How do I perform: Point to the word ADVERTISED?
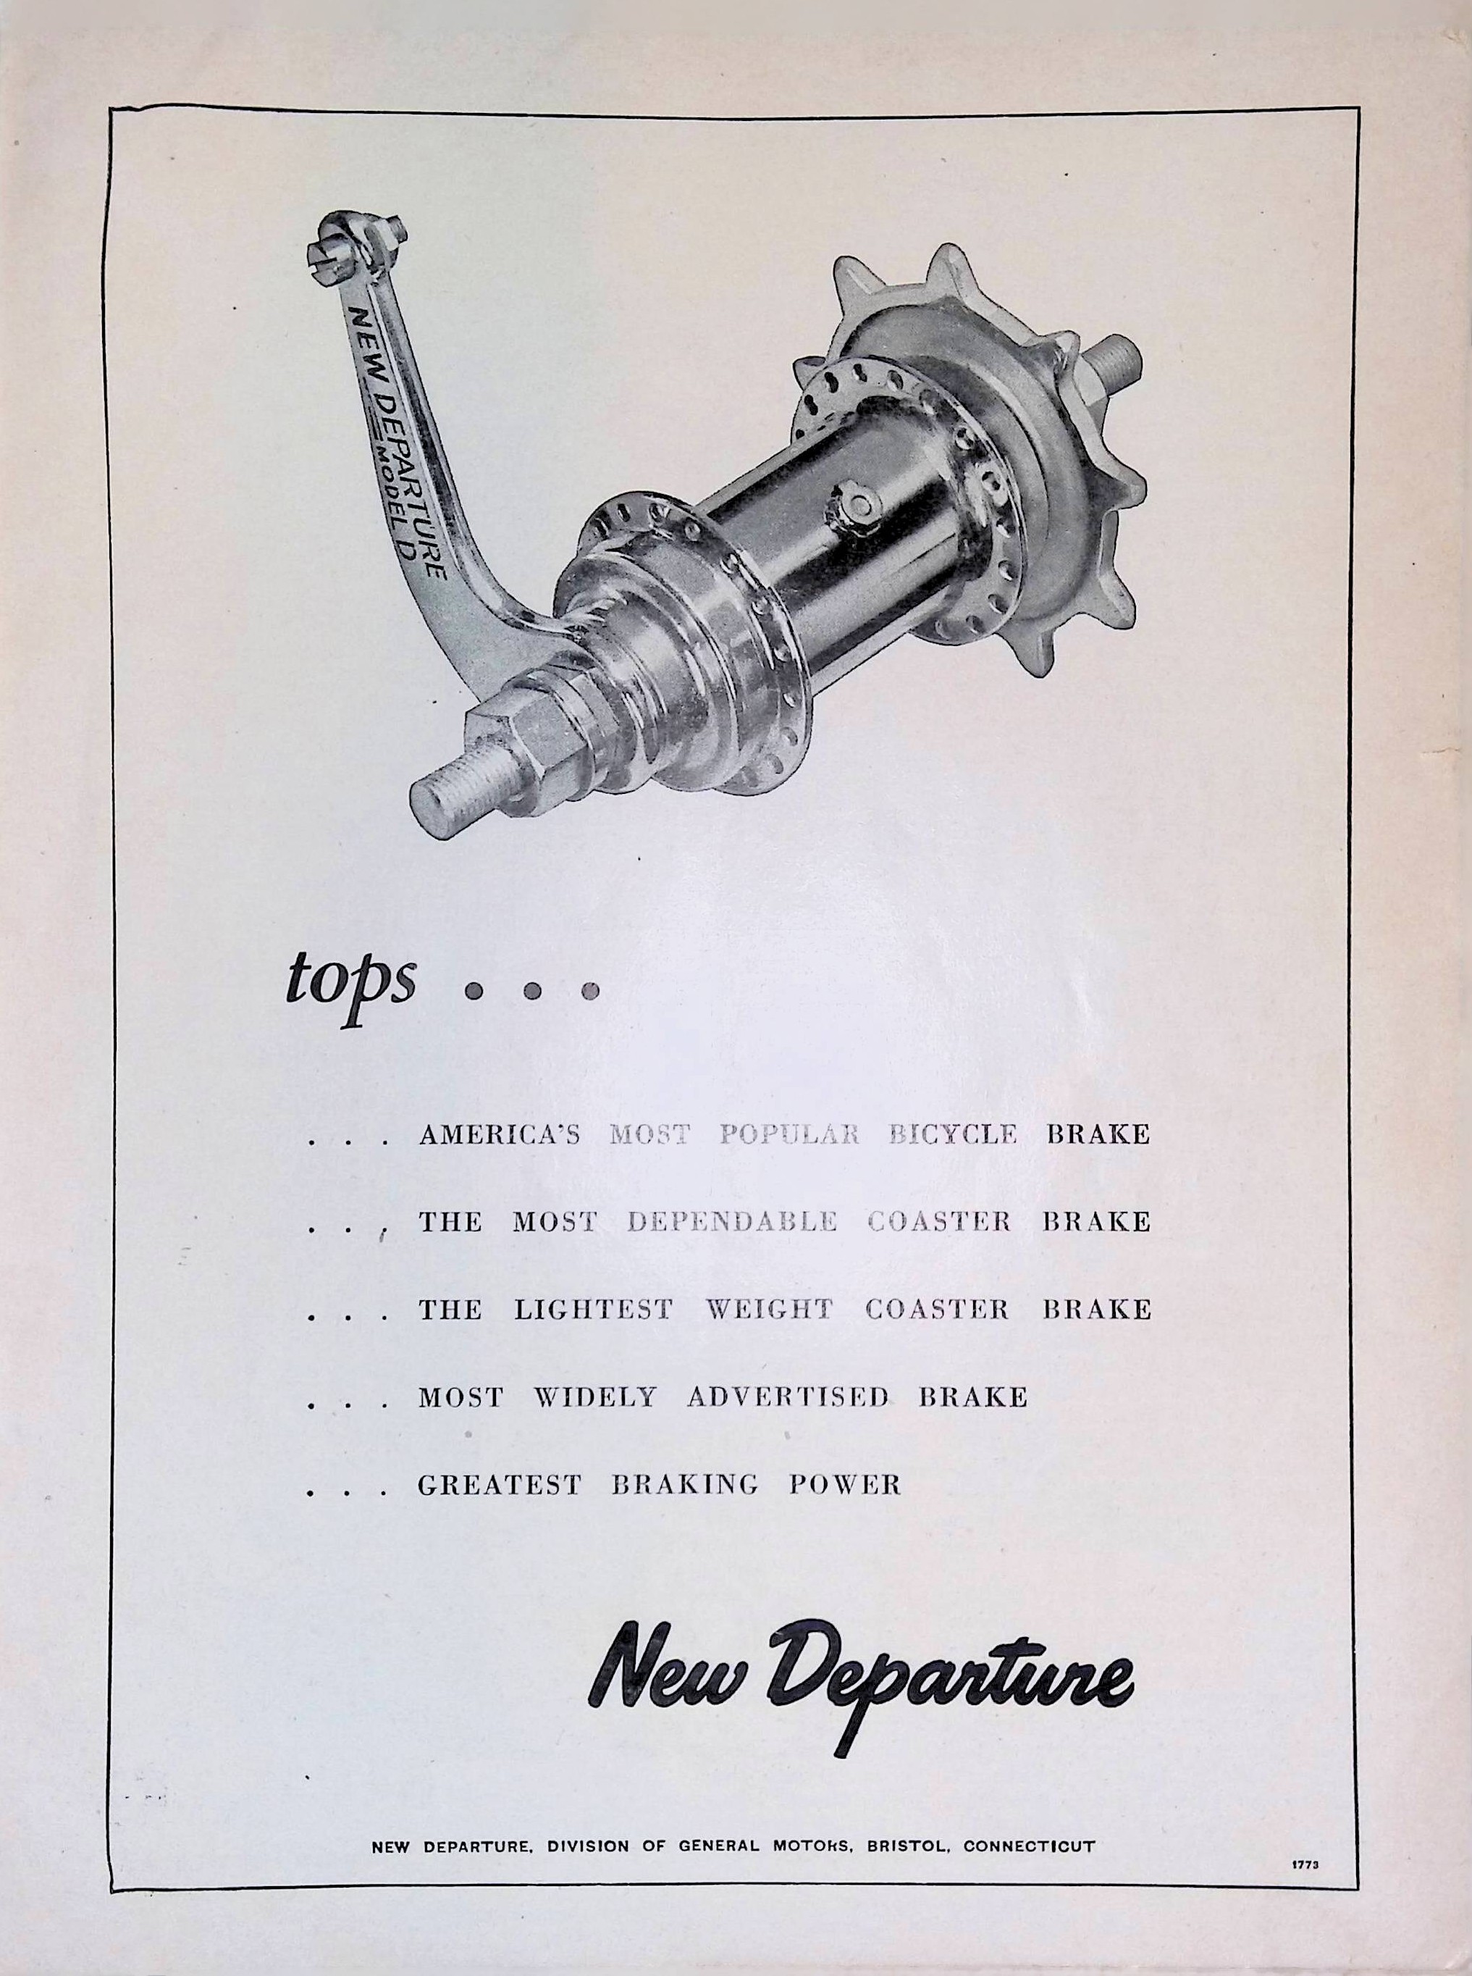788,1397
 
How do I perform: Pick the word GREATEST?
499,1484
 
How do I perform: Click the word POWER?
845,1484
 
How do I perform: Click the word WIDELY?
594,1397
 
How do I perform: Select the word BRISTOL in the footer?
903,1840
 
